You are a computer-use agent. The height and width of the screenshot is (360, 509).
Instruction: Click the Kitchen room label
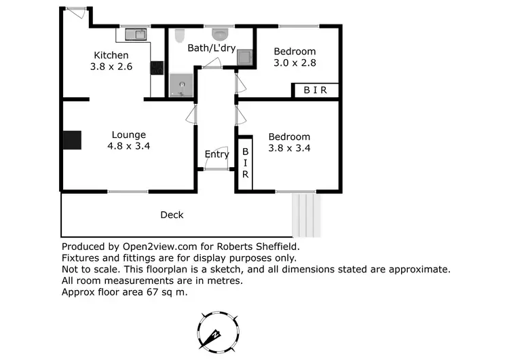(111, 55)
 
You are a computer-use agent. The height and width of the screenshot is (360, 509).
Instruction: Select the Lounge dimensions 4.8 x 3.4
(128, 145)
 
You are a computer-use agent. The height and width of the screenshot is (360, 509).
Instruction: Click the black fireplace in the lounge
(72, 139)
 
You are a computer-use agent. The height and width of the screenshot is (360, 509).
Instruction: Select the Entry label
(216, 154)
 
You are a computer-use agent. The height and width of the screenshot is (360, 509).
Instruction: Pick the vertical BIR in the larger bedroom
(246, 164)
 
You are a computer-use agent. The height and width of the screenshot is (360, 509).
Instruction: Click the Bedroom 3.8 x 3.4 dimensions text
(289, 148)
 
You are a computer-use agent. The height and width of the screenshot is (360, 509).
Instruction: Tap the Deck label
(172, 215)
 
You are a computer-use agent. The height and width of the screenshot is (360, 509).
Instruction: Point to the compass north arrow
(214, 334)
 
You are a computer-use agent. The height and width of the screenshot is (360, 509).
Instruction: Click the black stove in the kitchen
(157, 68)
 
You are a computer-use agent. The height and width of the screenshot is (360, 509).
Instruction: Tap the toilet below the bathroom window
(221, 33)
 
